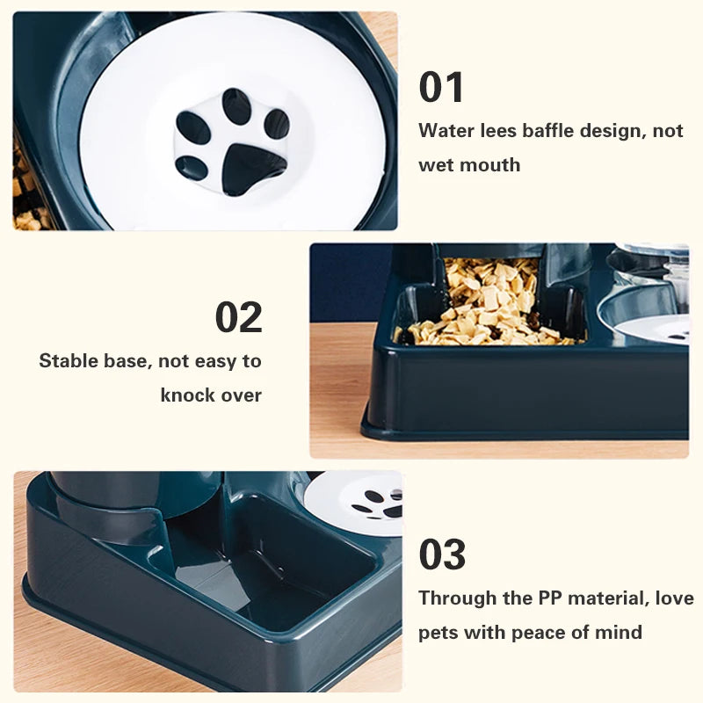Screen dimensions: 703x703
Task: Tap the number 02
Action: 238,317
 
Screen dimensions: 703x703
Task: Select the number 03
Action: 442,554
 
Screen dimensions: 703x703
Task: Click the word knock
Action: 188,395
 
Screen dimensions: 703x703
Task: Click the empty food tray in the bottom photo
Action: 264,562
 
